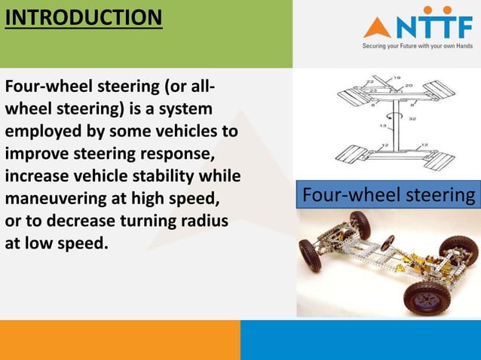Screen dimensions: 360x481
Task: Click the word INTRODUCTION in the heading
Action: [83, 17]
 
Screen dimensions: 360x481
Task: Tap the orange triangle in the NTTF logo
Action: [376, 29]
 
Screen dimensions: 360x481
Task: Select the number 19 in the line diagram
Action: [397, 76]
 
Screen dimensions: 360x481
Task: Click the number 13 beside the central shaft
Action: [382, 126]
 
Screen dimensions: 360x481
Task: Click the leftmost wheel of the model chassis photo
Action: [309, 254]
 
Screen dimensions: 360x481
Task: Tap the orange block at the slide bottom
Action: [120, 340]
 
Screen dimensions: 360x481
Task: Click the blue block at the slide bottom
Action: [360, 340]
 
